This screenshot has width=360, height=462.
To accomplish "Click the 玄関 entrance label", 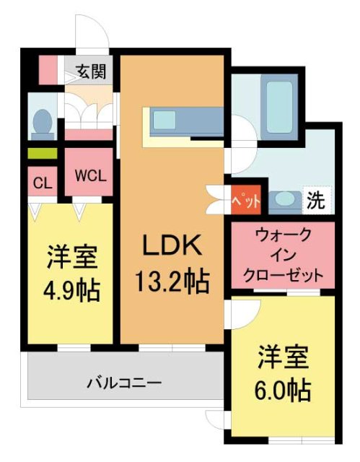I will coord(91,71).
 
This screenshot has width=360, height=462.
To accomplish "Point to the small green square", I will coord(42,153).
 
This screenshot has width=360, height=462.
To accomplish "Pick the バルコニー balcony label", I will coord(124,381).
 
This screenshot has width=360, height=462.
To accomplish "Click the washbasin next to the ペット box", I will coord(284,200).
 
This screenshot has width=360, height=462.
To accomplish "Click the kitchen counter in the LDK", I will coord(184,121).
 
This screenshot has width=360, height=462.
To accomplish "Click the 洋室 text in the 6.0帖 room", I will coord(284,358).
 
